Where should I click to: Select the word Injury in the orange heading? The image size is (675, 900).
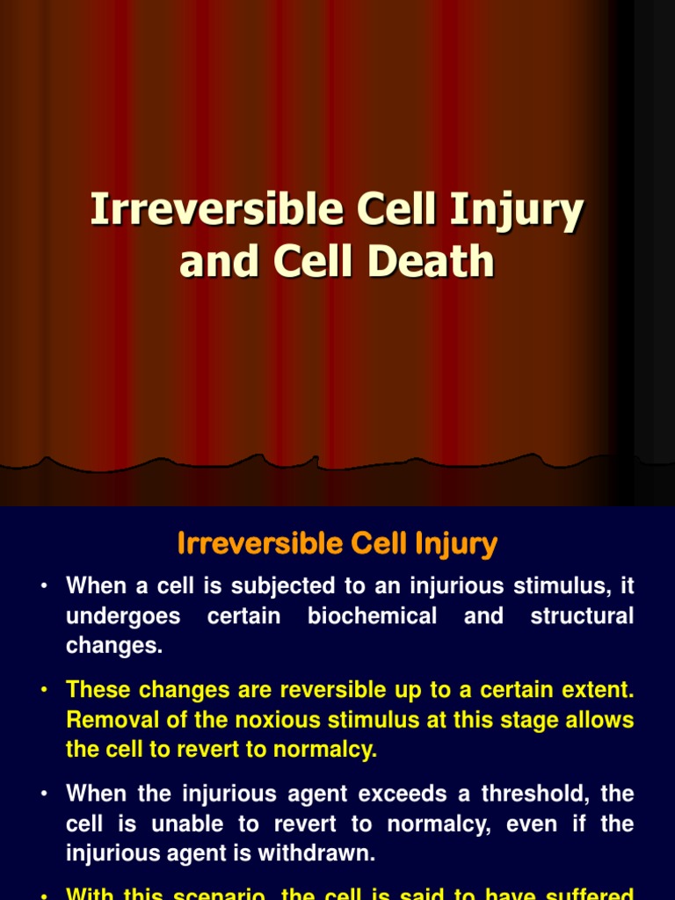[456, 544]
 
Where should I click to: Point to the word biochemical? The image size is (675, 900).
[372, 616]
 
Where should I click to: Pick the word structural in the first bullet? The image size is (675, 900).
[582, 616]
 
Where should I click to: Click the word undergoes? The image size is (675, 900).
[123, 616]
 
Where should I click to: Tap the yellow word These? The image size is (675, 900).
[101, 690]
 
